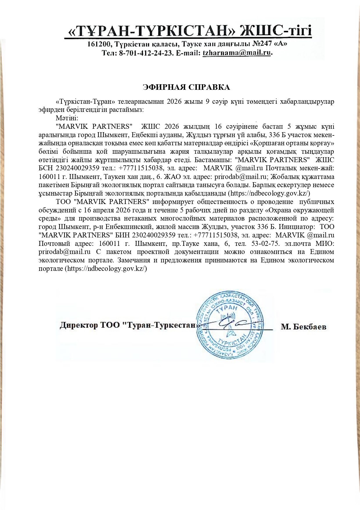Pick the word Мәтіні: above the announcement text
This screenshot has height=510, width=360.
(x=67, y=118)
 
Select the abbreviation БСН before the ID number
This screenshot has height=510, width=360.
(x=46, y=168)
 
